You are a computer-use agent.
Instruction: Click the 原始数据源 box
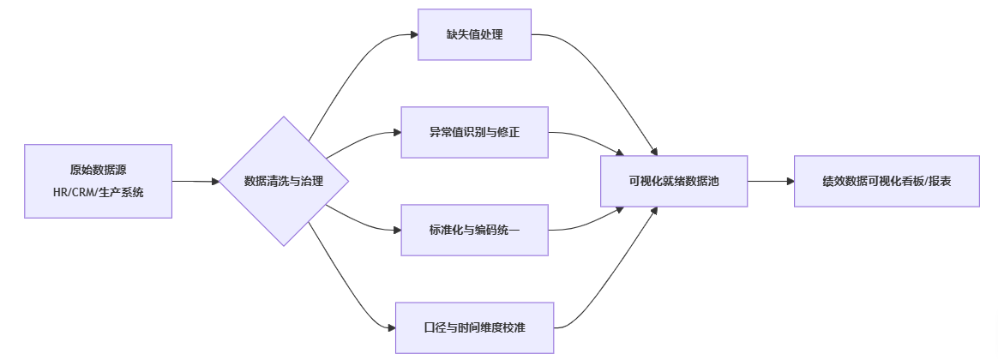(x=98, y=170)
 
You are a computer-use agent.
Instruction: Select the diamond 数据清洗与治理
(x=284, y=181)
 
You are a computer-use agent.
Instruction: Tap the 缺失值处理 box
(x=474, y=34)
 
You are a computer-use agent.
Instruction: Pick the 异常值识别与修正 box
(x=474, y=133)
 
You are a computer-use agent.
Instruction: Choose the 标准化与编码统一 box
(x=474, y=230)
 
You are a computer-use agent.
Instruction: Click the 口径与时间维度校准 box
(x=474, y=327)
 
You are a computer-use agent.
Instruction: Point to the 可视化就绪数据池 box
(x=674, y=181)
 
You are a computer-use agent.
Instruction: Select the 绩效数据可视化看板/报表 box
(x=887, y=181)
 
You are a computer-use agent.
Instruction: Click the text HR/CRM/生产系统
(x=98, y=192)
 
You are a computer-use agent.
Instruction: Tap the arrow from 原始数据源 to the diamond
(x=195, y=181)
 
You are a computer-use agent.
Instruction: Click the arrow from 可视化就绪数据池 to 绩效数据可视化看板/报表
(x=770, y=181)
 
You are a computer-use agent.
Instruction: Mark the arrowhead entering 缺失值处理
(x=412, y=35)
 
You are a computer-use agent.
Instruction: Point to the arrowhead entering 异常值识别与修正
(x=396, y=133)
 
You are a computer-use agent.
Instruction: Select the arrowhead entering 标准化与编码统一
(x=396, y=230)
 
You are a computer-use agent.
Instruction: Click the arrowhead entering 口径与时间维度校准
(x=390, y=327)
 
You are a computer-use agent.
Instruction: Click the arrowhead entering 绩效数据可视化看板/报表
(x=789, y=181)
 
